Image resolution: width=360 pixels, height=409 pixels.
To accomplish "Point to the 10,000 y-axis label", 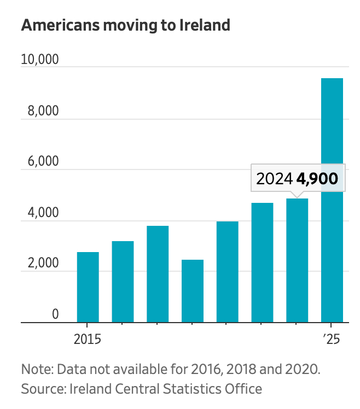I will (x=39, y=60).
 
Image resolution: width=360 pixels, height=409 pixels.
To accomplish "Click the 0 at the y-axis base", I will (x=55, y=314).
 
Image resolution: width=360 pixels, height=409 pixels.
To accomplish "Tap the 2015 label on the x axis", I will (x=88, y=339).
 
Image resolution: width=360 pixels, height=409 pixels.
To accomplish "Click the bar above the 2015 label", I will (x=88, y=288).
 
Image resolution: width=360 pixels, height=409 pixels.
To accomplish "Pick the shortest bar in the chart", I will (x=193, y=291).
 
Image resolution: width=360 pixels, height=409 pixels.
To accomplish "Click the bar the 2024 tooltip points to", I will (x=297, y=261).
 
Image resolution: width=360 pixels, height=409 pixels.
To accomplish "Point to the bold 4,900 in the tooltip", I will (x=317, y=178).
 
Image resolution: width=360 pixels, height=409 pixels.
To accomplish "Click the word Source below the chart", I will (x=40, y=389).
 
